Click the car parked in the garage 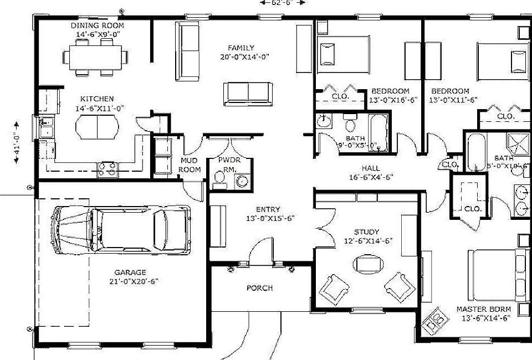[121, 229]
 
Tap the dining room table [95, 56]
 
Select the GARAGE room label [130, 272]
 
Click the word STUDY [366, 232]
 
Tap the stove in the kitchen [108, 168]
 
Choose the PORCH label [259, 288]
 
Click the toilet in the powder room [219, 178]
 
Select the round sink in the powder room [242, 181]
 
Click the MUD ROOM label [190, 165]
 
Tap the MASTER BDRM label [483, 309]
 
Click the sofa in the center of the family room [247, 93]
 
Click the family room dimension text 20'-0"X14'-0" [244, 56]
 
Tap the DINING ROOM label [98, 25]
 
